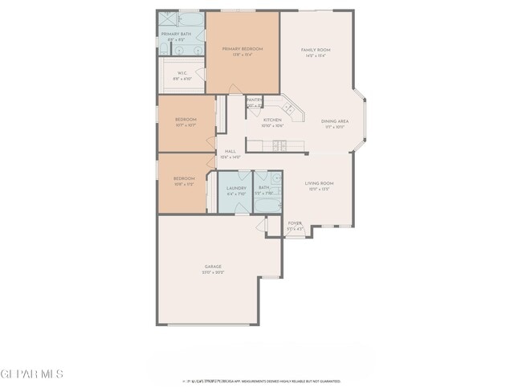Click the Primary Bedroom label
243,50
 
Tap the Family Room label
316,51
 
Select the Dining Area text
335,121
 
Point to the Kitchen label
272,120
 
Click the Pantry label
254,100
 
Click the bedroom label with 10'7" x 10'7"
186,120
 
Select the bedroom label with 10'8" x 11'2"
184,178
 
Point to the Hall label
230,152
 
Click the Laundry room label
236,189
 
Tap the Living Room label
319,184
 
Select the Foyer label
295,223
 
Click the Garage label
213,267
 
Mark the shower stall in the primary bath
168,18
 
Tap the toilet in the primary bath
164,50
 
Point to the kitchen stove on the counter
279,145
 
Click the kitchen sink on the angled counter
288,108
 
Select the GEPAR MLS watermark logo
31,374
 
